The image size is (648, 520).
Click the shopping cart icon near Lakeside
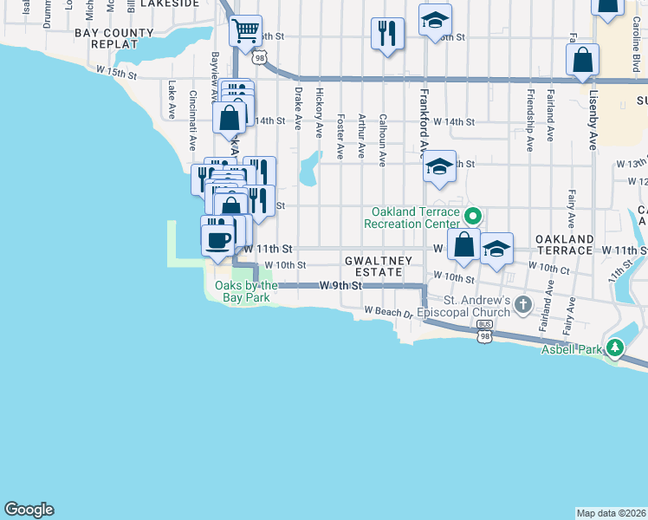(246, 31)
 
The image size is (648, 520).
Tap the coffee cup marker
(218, 238)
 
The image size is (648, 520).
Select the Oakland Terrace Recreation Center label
(415, 218)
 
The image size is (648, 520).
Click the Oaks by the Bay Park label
(246, 291)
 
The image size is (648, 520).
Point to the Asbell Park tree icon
(615, 348)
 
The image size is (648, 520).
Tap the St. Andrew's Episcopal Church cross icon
(522, 304)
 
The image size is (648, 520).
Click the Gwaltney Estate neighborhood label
(373, 266)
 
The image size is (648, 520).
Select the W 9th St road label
(340, 285)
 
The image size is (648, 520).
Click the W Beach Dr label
(389, 310)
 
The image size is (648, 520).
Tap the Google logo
(29, 510)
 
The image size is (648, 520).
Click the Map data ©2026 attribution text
(611, 513)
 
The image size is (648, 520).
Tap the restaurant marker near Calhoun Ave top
(386, 34)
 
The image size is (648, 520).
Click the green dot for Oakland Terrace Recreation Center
(473, 216)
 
